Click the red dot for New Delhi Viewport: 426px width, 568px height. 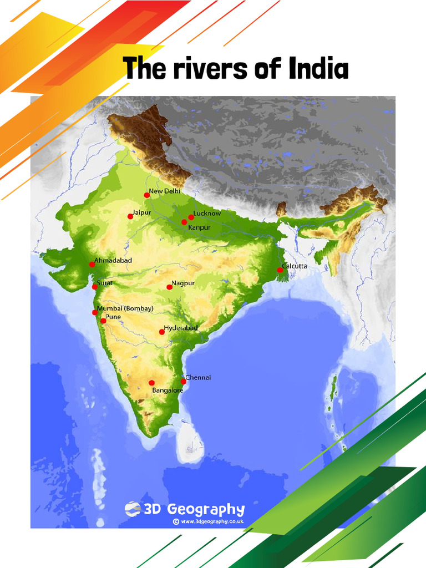point(147,195)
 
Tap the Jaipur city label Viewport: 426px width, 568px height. point(141,212)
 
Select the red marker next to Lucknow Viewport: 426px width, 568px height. point(191,217)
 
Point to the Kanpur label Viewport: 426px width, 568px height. point(198,227)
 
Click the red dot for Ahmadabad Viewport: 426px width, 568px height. point(92,265)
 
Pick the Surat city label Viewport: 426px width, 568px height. point(105,283)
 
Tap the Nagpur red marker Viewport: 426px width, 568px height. point(170,287)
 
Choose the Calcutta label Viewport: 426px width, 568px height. point(295,266)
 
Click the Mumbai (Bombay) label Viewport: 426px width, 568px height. point(125,308)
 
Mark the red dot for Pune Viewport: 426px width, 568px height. point(103,321)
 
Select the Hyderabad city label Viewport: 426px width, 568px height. point(181,328)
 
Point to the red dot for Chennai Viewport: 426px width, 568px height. point(184,381)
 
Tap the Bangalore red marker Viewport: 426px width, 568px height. point(151,383)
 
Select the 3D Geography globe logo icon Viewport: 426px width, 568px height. point(133,509)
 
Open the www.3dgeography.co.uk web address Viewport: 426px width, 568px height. point(212,522)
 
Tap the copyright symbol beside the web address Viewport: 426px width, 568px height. point(176,522)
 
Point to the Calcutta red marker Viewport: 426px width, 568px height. point(280,270)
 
